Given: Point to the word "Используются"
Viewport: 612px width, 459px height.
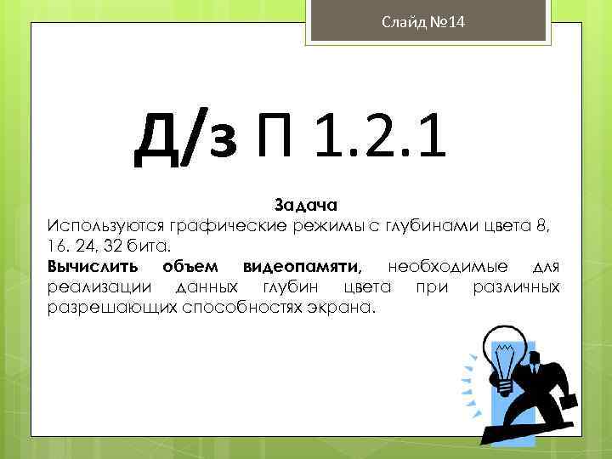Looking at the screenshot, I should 106,225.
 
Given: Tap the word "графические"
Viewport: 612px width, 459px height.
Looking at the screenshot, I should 228,225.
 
